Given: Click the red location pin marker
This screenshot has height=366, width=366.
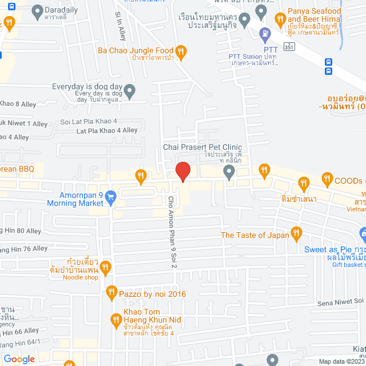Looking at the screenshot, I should point(182,172).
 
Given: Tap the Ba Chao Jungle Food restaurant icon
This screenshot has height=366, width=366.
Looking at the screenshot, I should point(181,52).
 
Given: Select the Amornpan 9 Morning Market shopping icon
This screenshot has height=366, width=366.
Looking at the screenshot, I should point(112,196).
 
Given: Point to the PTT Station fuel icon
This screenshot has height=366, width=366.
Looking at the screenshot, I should point(264,34).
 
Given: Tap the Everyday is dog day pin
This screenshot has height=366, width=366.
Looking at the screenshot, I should point(130,90).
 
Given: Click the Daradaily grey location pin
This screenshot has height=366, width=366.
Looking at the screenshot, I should point(38,10).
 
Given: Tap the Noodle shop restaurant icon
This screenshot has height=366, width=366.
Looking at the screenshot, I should point(105,266).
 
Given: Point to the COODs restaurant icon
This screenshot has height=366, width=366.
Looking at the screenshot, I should point(327,178).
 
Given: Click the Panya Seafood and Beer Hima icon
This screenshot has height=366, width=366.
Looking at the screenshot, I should point(280,19).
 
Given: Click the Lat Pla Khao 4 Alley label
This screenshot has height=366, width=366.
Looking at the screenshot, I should point(107,130).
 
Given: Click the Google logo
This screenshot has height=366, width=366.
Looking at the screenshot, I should point(19,359).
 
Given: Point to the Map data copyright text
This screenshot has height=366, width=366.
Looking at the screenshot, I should point(341,361).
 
